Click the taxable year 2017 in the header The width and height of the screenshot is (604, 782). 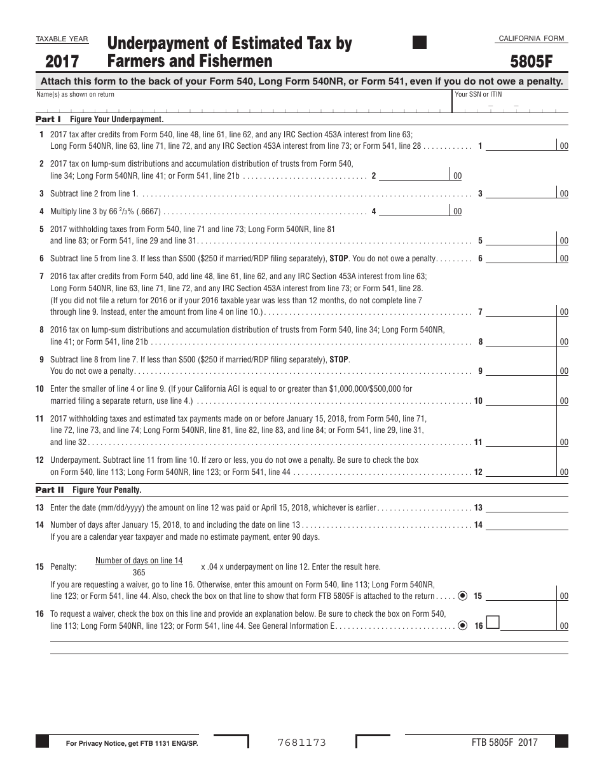pyautogui.click(x=62, y=62)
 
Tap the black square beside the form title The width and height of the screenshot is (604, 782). pyautogui.click(x=420, y=43)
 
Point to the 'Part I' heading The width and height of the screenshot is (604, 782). pyautogui.click(x=48, y=119)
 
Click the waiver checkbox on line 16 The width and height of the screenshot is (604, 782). pyautogui.click(x=492, y=622)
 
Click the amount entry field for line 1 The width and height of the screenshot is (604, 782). pyautogui.click(x=521, y=146)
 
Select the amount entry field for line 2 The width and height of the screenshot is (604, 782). pyautogui.click(x=414, y=175)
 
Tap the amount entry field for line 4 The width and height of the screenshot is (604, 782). pyautogui.click(x=414, y=210)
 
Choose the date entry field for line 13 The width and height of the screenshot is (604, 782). pyautogui.click(x=527, y=507)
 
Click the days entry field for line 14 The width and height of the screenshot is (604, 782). pyautogui.click(x=527, y=525)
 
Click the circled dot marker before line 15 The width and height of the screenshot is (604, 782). pyautogui.click(x=462, y=596)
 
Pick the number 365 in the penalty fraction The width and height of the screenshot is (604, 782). pyautogui.click(x=139, y=572)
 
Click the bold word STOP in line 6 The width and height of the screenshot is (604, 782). pyautogui.click(x=339, y=259)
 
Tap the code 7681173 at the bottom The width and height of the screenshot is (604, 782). pyautogui.click(x=301, y=742)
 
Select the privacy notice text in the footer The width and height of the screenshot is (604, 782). pyautogui.click(x=132, y=743)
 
